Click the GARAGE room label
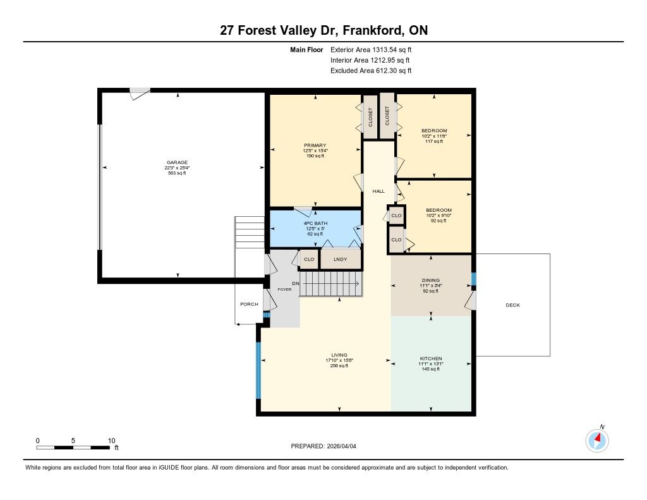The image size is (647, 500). (177, 162)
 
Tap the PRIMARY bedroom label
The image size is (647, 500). (315, 145)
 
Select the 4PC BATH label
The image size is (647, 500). (315, 223)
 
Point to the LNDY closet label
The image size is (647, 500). (341, 259)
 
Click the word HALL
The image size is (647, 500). (378, 191)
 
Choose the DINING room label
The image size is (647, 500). (431, 281)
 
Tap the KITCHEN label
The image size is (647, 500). (431, 358)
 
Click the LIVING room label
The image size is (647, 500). (339, 355)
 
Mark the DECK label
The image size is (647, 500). (513, 305)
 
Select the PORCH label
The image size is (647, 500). (249, 304)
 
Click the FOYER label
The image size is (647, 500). (284, 290)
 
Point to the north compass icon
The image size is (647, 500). (597, 440)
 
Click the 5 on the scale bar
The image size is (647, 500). (73, 441)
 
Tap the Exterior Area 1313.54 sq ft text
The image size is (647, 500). (371, 50)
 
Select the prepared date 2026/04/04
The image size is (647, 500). (342, 446)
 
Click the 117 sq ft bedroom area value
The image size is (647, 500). (434, 141)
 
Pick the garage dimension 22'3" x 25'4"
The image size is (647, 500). (177, 168)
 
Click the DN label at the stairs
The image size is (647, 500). (296, 284)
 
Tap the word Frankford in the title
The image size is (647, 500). (373, 30)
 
